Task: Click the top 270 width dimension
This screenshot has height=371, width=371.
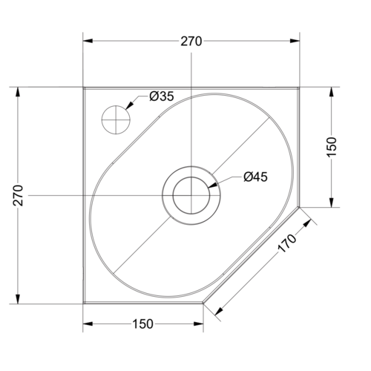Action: [x=191, y=42]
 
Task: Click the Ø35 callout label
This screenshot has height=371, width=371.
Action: [x=161, y=96]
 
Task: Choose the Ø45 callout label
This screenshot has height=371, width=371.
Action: [x=255, y=177]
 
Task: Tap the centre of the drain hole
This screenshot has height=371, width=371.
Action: [x=191, y=195]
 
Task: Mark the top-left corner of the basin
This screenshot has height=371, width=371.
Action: [x=83, y=88]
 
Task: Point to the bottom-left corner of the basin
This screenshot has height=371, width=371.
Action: [x=83, y=303]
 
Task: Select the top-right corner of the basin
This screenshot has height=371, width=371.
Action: [x=300, y=88]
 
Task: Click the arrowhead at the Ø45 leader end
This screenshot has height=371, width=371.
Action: [x=214, y=183]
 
